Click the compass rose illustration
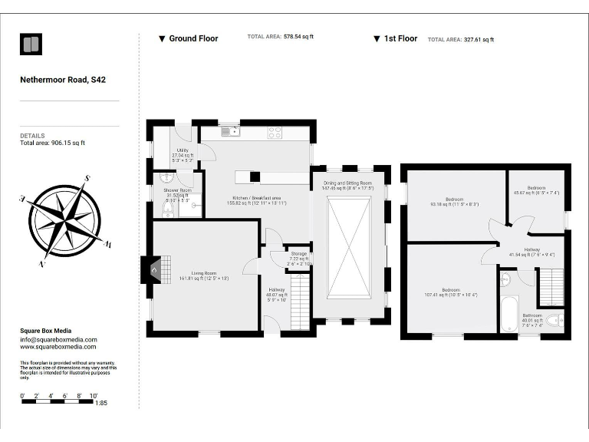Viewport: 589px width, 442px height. click(x=65, y=221)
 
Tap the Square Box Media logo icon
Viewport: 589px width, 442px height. click(x=31, y=45)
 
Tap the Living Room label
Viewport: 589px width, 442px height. click(x=204, y=275)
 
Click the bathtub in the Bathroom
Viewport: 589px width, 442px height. click(x=509, y=314)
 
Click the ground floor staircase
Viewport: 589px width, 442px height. click(x=299, y=304)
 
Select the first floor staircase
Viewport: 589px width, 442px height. click(x=551, y=286)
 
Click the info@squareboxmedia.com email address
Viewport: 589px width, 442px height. click(x=59, y=339)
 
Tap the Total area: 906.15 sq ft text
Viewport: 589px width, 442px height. click(x=52, y=143)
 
